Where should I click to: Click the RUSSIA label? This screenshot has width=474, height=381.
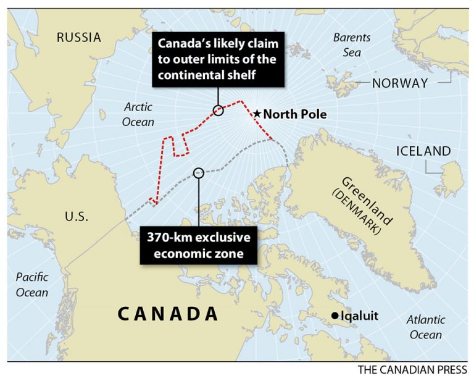[78, 38]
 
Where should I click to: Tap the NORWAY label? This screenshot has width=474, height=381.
[400, 83]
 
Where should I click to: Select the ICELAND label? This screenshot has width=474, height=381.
[423, 151]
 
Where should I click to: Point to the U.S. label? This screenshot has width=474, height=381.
[77, 217]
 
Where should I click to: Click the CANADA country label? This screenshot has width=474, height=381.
[168, 314]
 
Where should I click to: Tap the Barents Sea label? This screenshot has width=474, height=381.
[352, 44]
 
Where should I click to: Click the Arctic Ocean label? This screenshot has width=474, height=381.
[138, 114]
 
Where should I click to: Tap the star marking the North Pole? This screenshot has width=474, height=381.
[257, 114]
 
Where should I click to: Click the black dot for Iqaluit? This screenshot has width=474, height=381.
[335, 316]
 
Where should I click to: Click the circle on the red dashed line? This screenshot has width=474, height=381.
[218, 111]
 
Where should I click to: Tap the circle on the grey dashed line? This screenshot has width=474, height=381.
[198, 174]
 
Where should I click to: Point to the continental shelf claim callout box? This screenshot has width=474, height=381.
[218, 60]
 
